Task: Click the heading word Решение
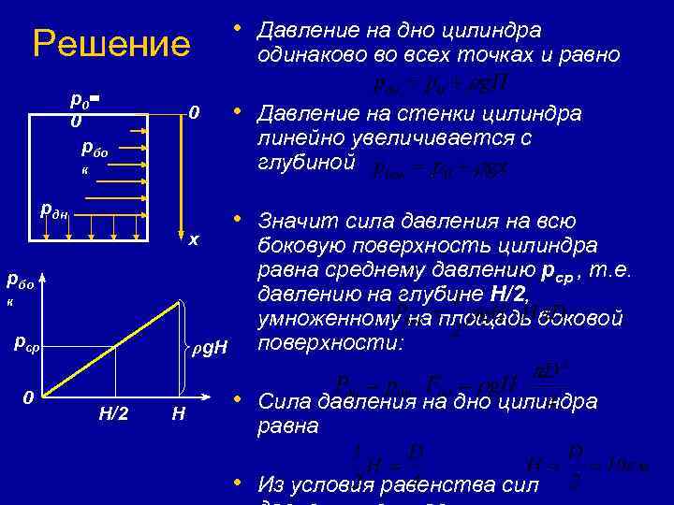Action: coord(110,44)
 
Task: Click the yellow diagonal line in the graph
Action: coord(112,348)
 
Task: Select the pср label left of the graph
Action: coord(25,342)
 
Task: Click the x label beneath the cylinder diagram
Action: coord(193,239)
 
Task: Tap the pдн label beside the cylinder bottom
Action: coord(55,209)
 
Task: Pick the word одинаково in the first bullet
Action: coord(316,54)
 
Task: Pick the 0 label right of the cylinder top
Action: coord(194,113)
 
